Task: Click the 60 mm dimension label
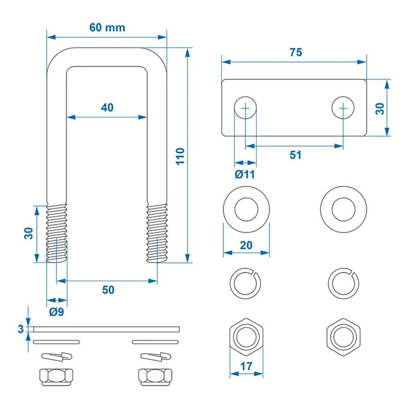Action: (x=107, y=28)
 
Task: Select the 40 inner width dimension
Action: (x=107, y=108)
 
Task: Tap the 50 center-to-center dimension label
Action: (x=108, y=290)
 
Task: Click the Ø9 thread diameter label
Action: (x=56, y=312)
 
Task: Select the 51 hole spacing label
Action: (x=295, y=155)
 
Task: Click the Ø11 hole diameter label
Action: (x=245, y=174)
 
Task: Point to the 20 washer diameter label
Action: (x=246, y=245)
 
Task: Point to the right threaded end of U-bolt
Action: (x=157, y=233)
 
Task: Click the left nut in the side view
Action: (x=56, y=375)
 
